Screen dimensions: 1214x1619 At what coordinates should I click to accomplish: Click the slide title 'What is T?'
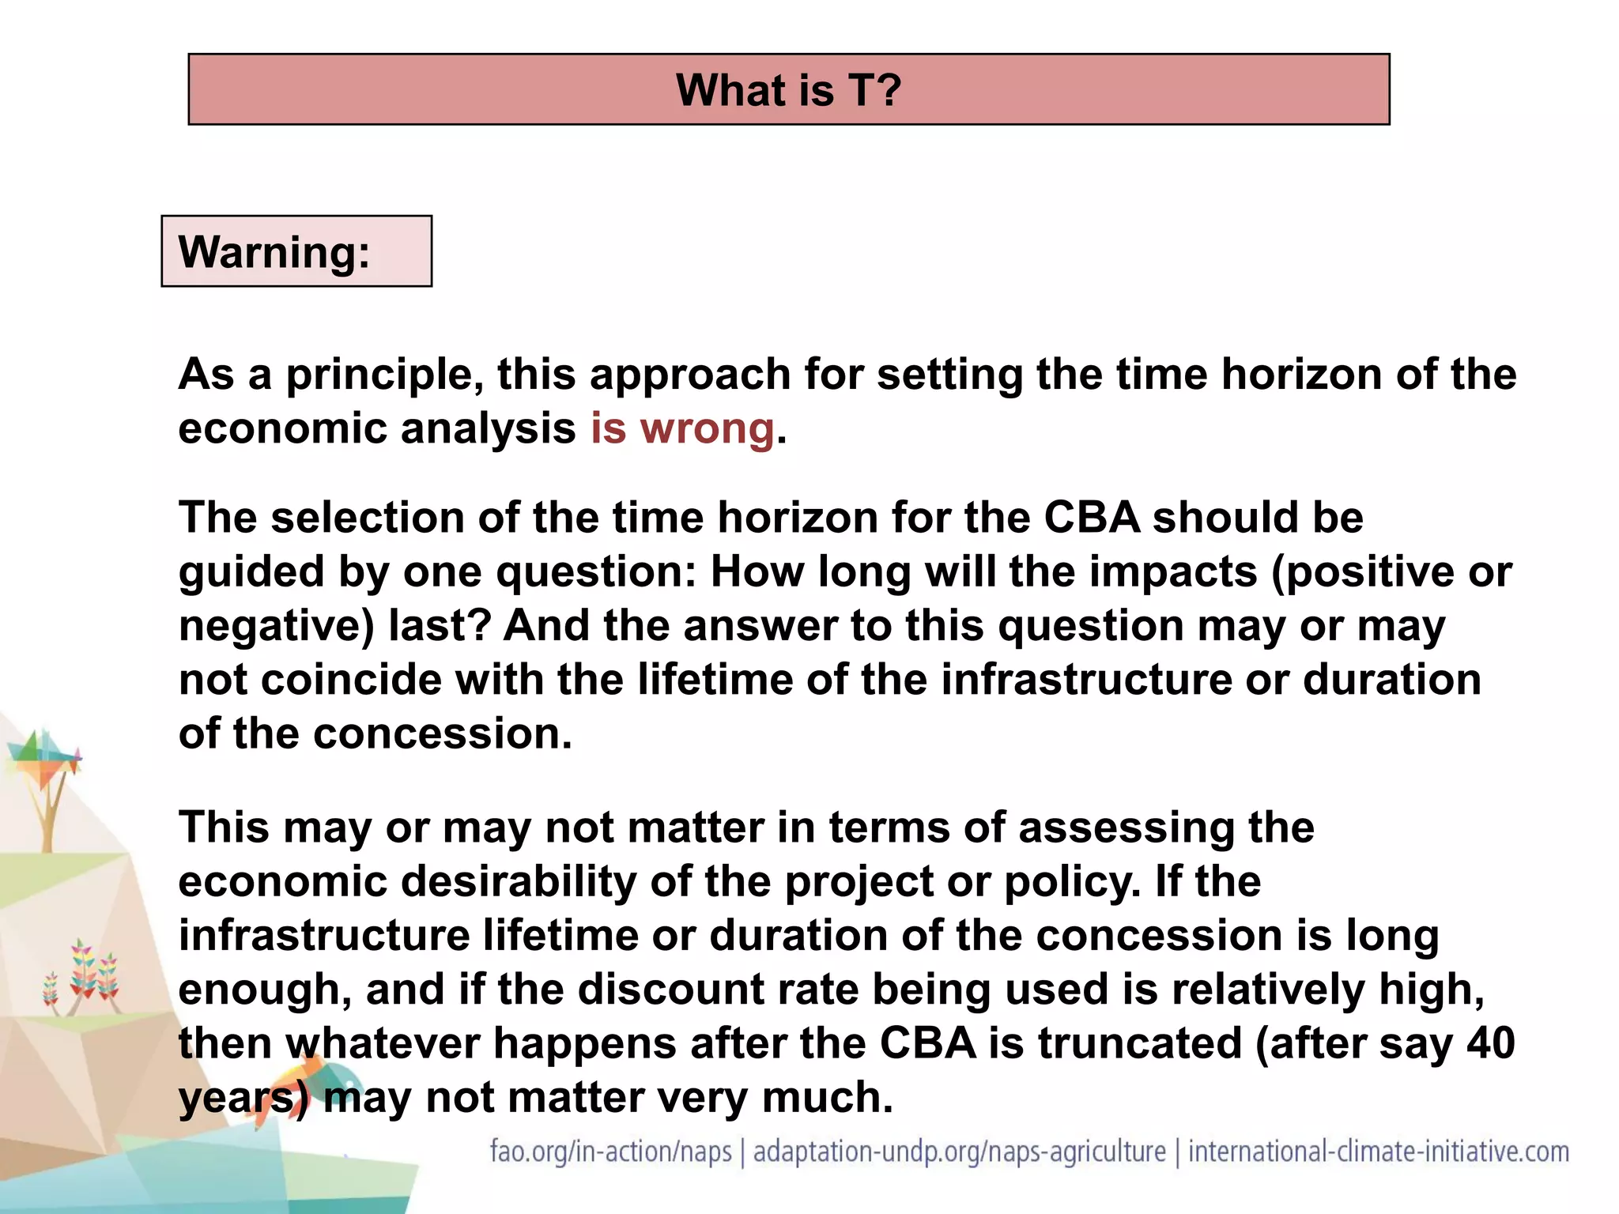point(788,90)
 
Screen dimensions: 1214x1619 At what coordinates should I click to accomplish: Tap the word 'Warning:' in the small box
point(274,252)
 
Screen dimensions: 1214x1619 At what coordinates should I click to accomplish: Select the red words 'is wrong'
point(682,429)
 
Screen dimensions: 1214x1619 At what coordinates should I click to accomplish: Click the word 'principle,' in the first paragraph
point(384,375)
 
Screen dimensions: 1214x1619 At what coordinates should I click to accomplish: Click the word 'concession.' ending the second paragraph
point(443,734)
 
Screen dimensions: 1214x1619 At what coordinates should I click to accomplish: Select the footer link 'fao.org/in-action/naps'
point(610,1152)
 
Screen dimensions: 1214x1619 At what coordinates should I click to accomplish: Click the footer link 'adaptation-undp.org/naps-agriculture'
point(959,1152)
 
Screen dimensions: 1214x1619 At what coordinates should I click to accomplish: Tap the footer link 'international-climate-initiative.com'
point(1378,1152)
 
